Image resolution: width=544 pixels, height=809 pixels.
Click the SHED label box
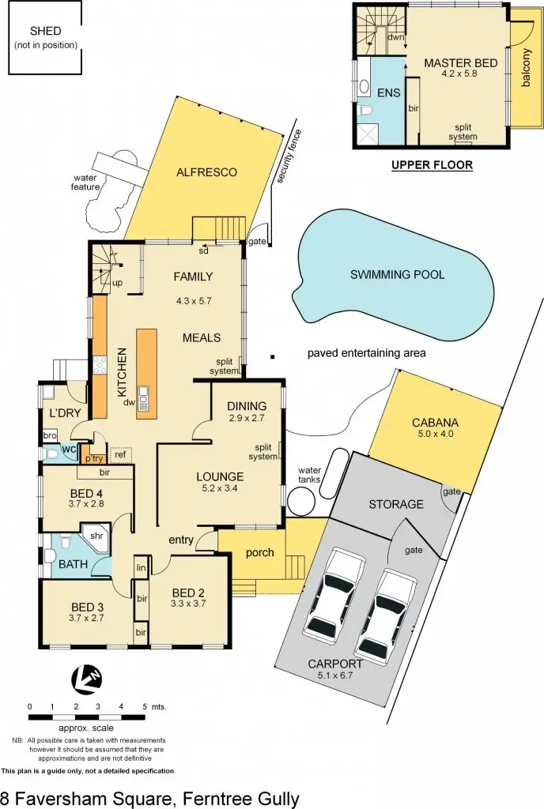tap(46, 38)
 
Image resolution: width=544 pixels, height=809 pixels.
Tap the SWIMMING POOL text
tap(397, 275)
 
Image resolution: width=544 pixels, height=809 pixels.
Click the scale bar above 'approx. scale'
tap(87, 717)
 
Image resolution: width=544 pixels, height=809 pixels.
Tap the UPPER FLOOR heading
tap(433, 165)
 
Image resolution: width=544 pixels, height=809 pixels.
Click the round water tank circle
tap(303, 501)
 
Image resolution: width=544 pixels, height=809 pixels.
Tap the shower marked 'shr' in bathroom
tap(98, 537)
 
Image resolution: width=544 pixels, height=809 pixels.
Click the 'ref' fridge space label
tap(120, 454)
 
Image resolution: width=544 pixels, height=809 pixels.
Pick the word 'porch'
tap(259, 552)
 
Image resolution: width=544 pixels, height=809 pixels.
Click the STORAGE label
tap(396, 504)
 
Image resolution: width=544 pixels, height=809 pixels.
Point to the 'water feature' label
tap(85, 182)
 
